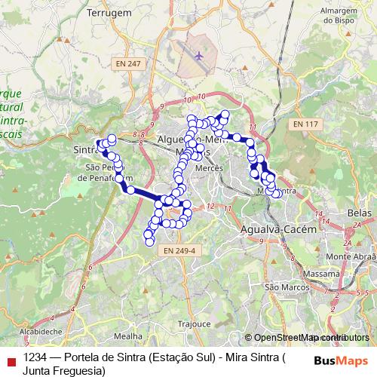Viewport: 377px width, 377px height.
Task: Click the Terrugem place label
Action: pos(109,13)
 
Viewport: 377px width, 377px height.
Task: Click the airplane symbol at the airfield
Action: pos(199,55)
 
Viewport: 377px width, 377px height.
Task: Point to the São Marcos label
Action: pos(284,287)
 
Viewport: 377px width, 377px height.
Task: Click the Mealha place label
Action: pos(127,336)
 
